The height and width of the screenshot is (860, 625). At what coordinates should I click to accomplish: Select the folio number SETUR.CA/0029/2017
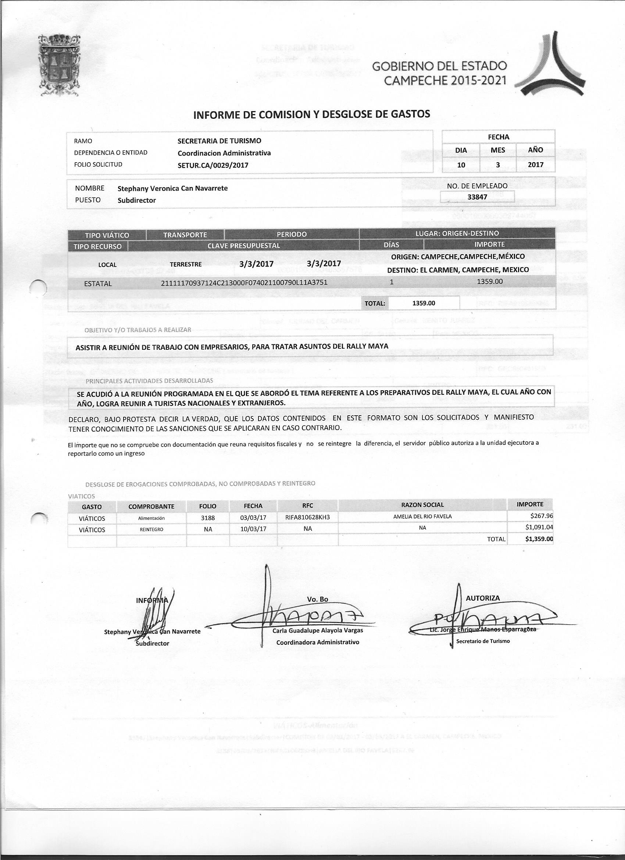click(x=213, y=165)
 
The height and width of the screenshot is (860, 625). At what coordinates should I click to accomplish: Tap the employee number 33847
click(x=477, y=197)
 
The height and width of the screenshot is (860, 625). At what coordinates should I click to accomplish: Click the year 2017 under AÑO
click(x=536, y=164)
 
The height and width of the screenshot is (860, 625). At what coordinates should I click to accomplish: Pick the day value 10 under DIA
click(x=461, y=164)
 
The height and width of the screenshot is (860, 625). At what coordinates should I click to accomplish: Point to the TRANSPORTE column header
click(x=185, y=235)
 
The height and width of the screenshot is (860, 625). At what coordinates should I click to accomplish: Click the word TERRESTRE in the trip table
click(x=185, y=264)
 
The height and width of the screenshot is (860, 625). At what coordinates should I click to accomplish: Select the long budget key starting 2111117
click(x=244, y=282)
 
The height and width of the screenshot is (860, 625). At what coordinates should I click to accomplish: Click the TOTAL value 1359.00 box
click(x=424, y=303)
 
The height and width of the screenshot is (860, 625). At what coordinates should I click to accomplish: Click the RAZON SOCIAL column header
click(x=422, y=505)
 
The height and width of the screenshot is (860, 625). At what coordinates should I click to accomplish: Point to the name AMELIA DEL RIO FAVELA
click(x=422, y=516)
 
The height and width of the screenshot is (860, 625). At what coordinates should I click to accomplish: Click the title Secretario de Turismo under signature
click(x=483, y=641)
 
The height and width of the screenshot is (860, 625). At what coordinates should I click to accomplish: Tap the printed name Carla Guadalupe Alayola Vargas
click(x=318, y=630)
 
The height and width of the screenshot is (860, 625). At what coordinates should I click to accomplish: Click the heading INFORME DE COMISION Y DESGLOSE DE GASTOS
click(x=311, y=114)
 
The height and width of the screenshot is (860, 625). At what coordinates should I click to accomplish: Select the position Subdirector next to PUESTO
click(x=137, y=200)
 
